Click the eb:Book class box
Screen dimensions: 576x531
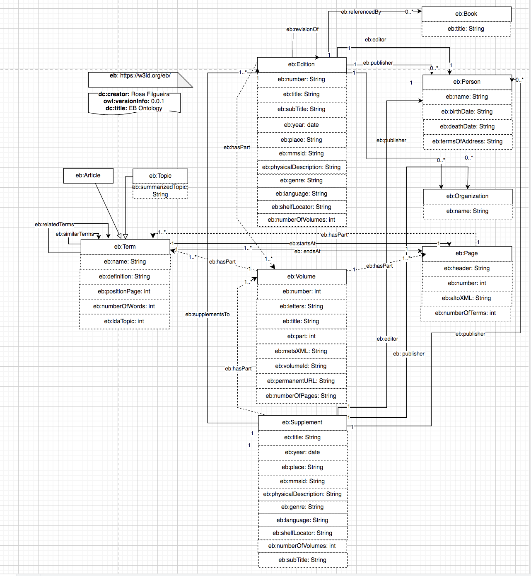[466, 14]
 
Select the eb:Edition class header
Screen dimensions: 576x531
[301, 65]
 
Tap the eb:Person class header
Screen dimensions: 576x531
[466, 82]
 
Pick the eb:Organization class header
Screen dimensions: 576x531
[467, 196]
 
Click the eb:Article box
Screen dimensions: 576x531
[88, 176]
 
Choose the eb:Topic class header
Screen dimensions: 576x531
[160, 176]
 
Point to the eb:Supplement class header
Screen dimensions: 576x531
[302, 423]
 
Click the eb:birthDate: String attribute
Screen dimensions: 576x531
[467, 112]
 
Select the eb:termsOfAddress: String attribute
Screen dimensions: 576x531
[467, 142]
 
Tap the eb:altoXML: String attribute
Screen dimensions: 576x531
[466, 298]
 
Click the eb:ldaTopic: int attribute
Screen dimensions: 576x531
[124, 322]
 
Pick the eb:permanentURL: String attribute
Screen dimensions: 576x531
[301, 381]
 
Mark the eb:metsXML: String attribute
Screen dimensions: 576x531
[301, 351]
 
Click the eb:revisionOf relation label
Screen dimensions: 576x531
[302, 29]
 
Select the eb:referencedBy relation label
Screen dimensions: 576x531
[361, 12]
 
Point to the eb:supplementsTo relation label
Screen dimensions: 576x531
[207, 315]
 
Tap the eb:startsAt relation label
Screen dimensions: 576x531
[302, 244]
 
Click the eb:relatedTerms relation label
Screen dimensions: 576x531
[54, 225]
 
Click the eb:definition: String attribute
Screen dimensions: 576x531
[124, 277]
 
